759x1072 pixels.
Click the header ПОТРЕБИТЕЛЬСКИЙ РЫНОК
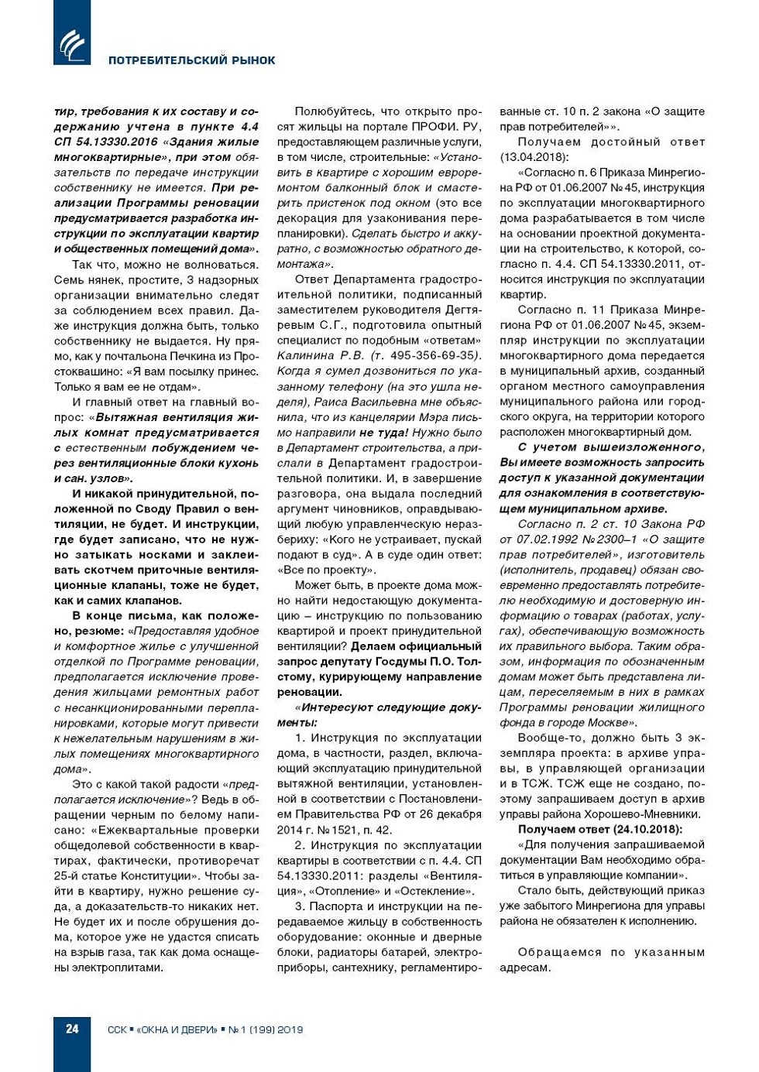coord(191,60)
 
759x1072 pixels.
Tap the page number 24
coord(72,1029)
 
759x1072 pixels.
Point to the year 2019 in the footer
coord(290,1029)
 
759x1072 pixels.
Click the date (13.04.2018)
coord(534,157)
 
